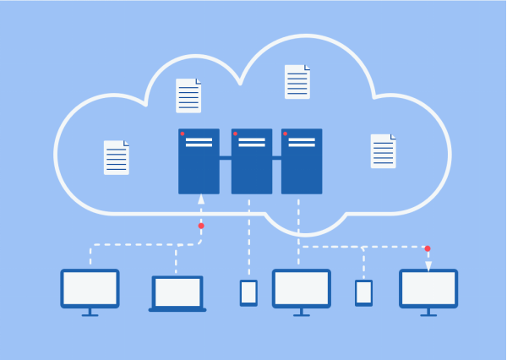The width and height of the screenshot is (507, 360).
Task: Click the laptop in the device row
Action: [177, 292]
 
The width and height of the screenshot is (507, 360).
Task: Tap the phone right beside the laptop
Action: [248, 292]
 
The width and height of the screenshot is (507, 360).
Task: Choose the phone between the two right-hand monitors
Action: [363, 292]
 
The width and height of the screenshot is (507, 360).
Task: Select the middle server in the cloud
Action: [252, 161]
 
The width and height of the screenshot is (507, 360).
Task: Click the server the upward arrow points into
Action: [199, 161]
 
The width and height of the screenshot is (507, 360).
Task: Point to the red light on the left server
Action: [183, 134]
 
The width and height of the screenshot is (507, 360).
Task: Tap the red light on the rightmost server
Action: [286, 134]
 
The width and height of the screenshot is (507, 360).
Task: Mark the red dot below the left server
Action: [201, 226]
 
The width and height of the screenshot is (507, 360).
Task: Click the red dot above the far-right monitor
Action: [428, 248]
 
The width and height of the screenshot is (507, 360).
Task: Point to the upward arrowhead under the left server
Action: [201, 200]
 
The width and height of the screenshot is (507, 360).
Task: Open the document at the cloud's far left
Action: [117, 157]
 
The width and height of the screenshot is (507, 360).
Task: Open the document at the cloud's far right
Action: [383, 150]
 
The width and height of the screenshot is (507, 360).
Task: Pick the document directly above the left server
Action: [188, 95]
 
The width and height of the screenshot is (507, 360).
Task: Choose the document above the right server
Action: [297, 82]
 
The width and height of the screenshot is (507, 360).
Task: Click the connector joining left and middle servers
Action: [226, 158]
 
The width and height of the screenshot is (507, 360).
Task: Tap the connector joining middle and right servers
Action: [277, 158]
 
